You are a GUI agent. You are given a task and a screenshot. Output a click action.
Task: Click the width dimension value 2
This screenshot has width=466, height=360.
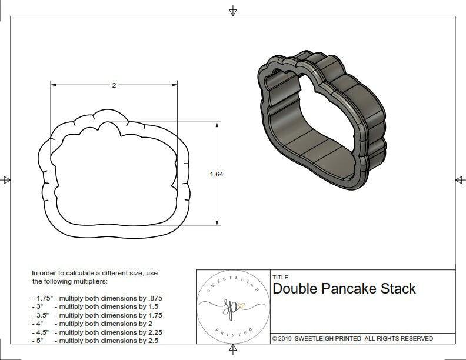pyautogui.click(x=114, y=85)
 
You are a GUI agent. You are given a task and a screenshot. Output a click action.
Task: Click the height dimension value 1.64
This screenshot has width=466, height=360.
pyautogui.click(x=217, y=174)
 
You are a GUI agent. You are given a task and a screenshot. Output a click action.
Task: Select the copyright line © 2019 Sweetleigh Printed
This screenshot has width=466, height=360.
pyautogui.click(x=352, y=338)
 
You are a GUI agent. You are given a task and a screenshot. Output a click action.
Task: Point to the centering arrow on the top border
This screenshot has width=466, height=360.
pyautogui.click(x=233, y=11)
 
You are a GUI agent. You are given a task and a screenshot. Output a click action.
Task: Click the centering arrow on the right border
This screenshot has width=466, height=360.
pyautogui.click(x=458, y=179)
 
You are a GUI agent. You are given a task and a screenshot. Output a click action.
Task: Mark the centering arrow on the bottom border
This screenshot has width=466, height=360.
pyautogui.click(x=233, y=350)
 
